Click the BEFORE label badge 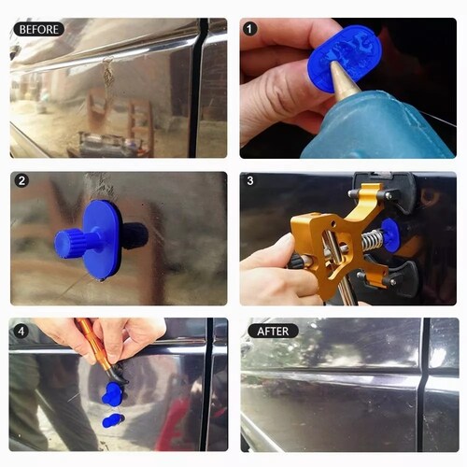click(x=39, y=29)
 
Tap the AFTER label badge click(x=273, y=332)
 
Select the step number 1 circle click(x=249, y=29)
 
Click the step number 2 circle click(x=21, y=181)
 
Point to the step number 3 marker click(x=250, y=180)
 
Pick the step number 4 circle click(x=21, y=332)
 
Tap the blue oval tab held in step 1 click(x=345, y=59)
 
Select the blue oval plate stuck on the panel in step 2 click(x=102, y=240)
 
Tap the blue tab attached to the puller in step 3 click(x=390, y=234)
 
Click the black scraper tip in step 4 click(x=119, y=375)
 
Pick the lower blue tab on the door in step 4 click(x=113, y=420)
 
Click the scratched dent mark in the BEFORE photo click(x=108, y=75)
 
